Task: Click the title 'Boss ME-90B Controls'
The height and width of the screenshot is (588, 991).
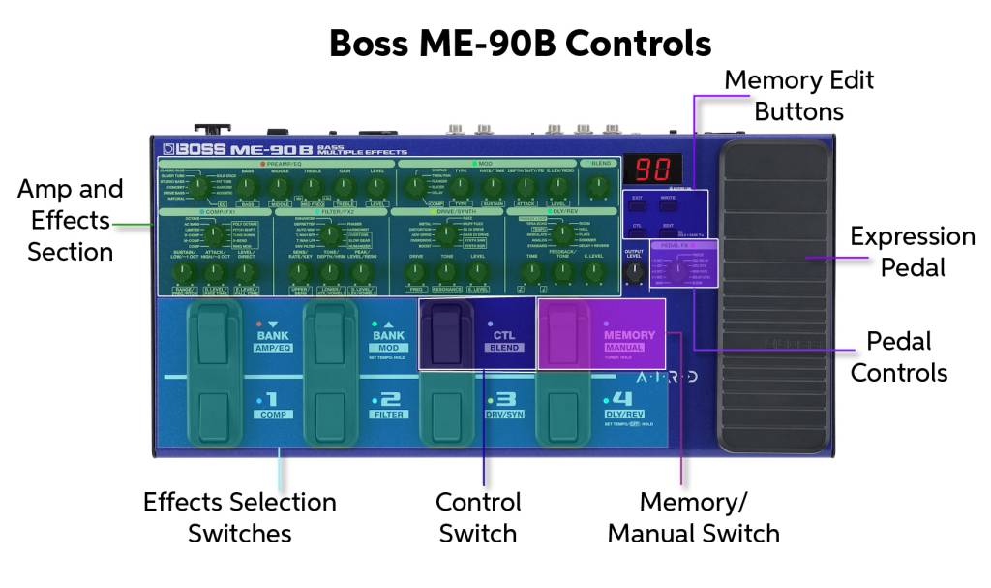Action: [x=520, y=44]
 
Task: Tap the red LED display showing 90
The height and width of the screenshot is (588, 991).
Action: [x=653, y=170]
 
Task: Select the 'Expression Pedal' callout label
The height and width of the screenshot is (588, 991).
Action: [x=912, y=251]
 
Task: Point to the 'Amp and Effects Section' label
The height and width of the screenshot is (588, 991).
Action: [x=70, y=220]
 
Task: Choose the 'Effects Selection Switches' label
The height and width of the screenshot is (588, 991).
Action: [x=239, y=517]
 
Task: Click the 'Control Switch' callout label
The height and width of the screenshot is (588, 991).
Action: [x=478, y=517]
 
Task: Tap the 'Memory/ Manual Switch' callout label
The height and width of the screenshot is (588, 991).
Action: [x=693, y=517]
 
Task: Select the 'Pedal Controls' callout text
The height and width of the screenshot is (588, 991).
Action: [x=898, y=356]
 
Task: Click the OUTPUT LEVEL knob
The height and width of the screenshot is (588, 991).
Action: [x=634, y=274]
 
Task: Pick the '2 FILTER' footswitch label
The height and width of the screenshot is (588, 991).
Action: [x=387, y=404]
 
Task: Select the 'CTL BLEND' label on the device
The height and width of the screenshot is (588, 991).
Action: [x=504, y=339]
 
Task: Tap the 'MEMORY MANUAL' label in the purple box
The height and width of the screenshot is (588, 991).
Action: [x=629, y=339]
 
